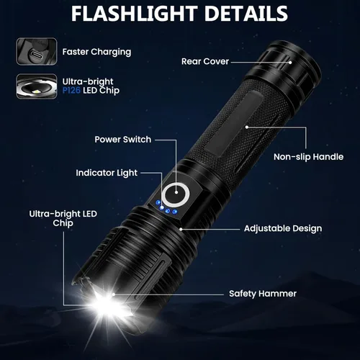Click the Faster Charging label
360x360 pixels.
pyautogui.click(x=96, y=52)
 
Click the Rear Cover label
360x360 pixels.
pyautogui.click(x=205, y=61)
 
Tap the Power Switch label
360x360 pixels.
pyautogui.click(x=122, y=139)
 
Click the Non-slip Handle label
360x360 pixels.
pyautogui.click(x=308, y=156)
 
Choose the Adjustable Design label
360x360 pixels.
pyautogui.click(x=283, y=228)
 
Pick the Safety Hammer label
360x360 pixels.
pyautogui.click(x=262, y=293)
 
